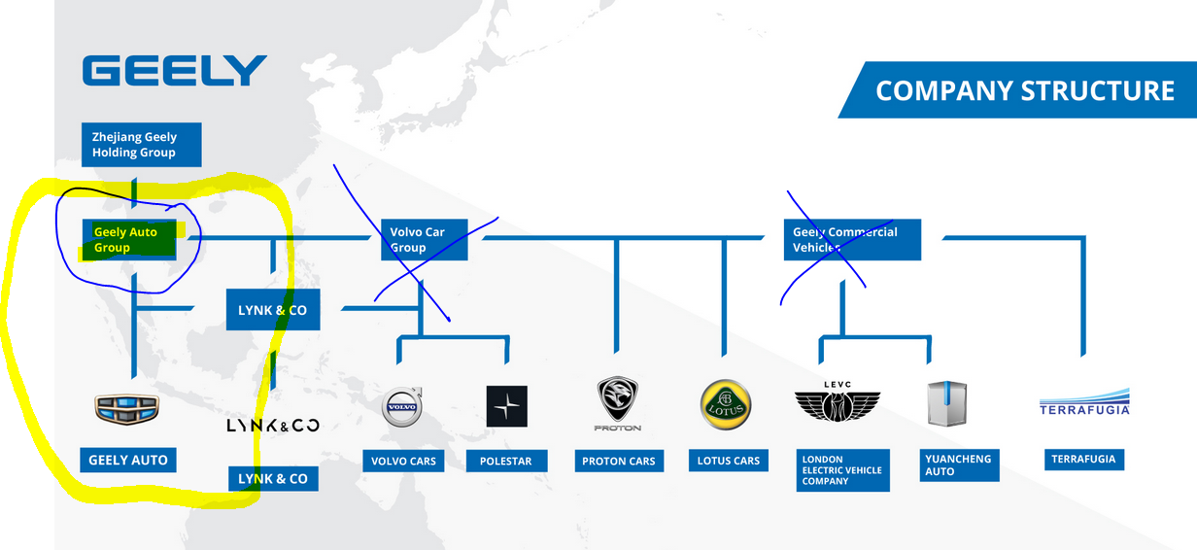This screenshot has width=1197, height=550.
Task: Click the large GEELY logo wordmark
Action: pyautogui.click(x=175, y=71)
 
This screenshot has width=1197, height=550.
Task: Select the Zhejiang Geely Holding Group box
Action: pyautogui.click(x=142, y=145)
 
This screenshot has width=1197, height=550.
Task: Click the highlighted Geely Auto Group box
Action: pyautogui.click(x=131, y=240)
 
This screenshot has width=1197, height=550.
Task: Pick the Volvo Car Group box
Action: pyautogui.click(x=425, y=240)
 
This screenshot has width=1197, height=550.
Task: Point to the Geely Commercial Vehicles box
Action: pyautogui.click(x=852, y=240)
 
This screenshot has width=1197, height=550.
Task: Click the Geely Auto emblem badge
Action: pyautogui.click(x=127, y=409)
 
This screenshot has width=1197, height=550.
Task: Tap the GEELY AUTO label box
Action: pyautogui.click(x=128, y=460)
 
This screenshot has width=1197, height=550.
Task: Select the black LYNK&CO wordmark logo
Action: pyautogui.click(x=273, y=426)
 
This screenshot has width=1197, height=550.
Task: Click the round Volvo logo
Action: pyautogui.click(x=402, y=407)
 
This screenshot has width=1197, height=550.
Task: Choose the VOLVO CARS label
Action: pyautogui.click(x=404, y=461)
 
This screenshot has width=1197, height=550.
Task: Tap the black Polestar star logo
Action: pyautogui.click(x=507, y=406)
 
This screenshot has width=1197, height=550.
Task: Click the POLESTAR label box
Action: pyautogui.click(x=506, y=461)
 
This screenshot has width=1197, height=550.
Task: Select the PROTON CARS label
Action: pyautogui.click(x=619, y=461)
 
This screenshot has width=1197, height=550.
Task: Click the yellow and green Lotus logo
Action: pyautogui.click(x=726, y=404)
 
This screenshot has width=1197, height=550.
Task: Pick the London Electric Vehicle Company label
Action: pyautogui.click(x=842, y=470)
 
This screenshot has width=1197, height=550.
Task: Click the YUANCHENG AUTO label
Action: pyautogui.click(x=958, y=465)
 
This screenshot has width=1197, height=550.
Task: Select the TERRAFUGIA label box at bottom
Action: pyautogui.click(x=1083, y=459)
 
